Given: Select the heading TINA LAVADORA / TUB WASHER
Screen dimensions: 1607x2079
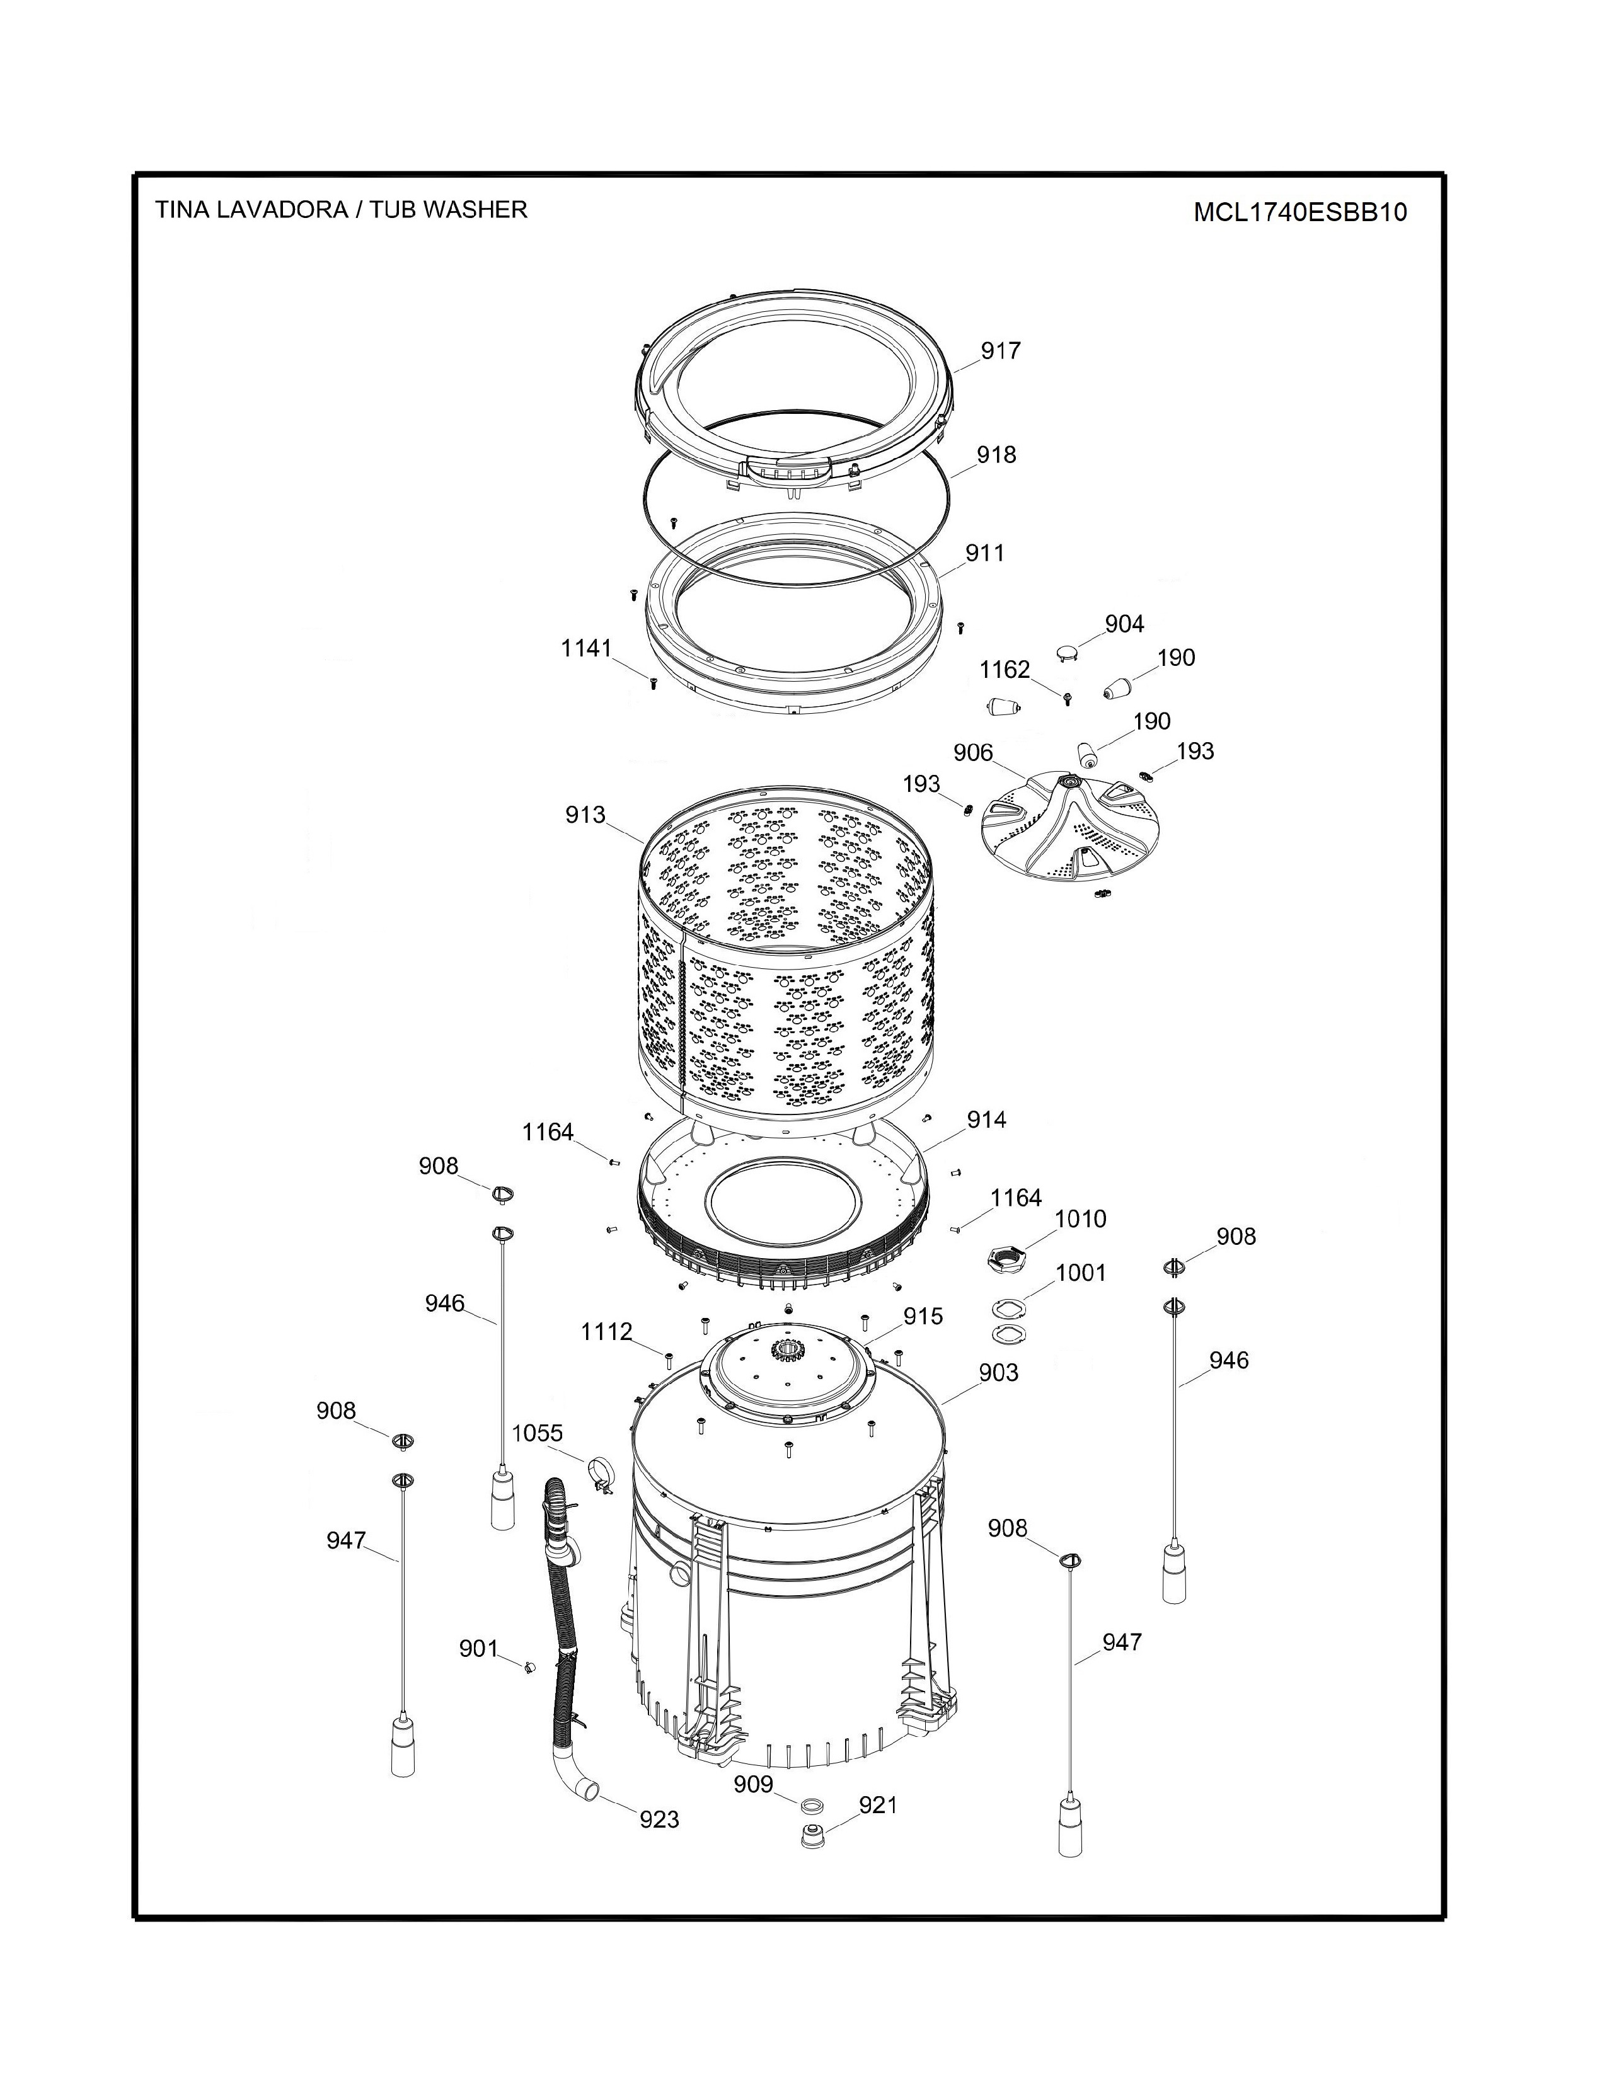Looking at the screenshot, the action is pos(341,209).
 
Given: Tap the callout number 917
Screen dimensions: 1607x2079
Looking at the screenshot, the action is pos(1001,352).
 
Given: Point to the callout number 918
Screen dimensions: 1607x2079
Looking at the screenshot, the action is pos(996,455).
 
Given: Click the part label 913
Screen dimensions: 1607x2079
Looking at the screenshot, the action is pos(585,815).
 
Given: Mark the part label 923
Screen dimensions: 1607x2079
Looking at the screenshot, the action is pos(659,1819).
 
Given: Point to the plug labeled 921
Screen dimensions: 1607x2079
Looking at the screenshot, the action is pos(812,1836).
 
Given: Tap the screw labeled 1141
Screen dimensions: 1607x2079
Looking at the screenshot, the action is pos(653,682).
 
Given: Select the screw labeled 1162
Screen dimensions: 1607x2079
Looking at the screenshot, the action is pos(1067,700).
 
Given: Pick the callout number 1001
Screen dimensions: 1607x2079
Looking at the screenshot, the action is pos(1081,1273).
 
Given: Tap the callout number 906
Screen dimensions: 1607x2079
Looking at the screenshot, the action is pos(973,753).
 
